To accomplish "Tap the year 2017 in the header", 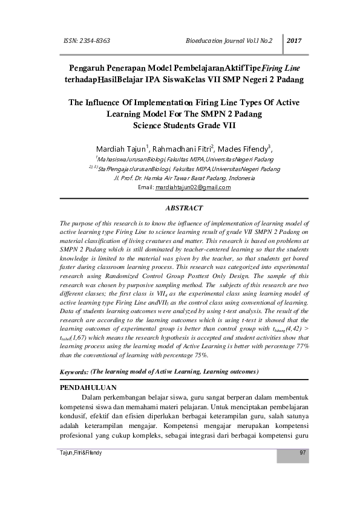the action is point(294,41).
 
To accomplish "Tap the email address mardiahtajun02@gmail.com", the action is point(193,187).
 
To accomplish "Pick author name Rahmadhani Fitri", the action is point(179,148).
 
